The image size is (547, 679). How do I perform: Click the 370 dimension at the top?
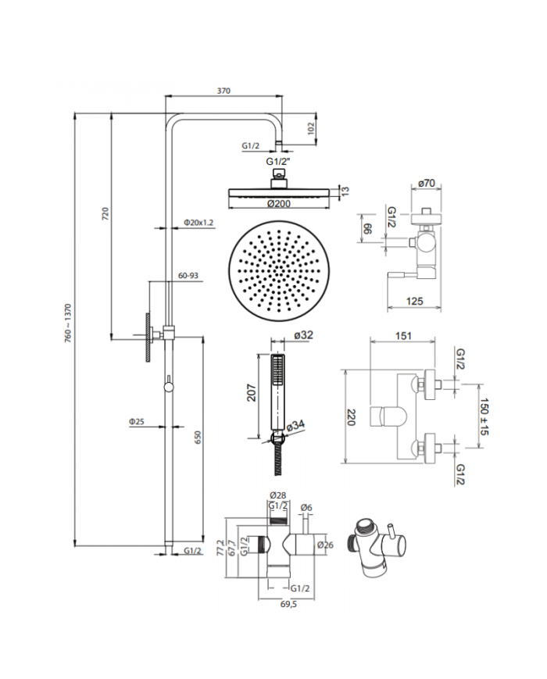[224, 91]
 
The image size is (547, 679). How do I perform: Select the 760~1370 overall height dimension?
[67, 323]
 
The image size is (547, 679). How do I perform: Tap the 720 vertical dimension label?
[105, 214]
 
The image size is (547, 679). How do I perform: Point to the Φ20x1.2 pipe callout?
[198, 223]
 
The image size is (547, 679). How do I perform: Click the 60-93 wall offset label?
[188, 275]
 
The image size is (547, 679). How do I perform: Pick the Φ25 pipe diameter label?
[137, 421]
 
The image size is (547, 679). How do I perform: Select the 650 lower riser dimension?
[198, 438]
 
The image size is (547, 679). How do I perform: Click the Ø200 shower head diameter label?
[279, 204]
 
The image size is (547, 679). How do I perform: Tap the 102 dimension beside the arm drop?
[310, 128]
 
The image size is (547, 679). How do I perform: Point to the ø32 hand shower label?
[303, 335]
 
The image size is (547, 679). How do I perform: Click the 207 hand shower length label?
[252, 392]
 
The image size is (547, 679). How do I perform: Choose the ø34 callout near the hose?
[296, 425]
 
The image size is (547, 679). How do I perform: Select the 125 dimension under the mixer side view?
[414, 301]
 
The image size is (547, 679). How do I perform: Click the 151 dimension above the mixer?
[403, 336]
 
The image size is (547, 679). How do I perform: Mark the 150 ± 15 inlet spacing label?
[484, 416]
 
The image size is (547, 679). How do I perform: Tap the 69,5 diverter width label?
[288, 604]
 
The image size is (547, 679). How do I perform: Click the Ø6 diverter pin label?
[306, 507]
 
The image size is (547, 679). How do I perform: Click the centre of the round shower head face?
[279, 271]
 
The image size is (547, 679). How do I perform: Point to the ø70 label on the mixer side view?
[427, 183]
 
